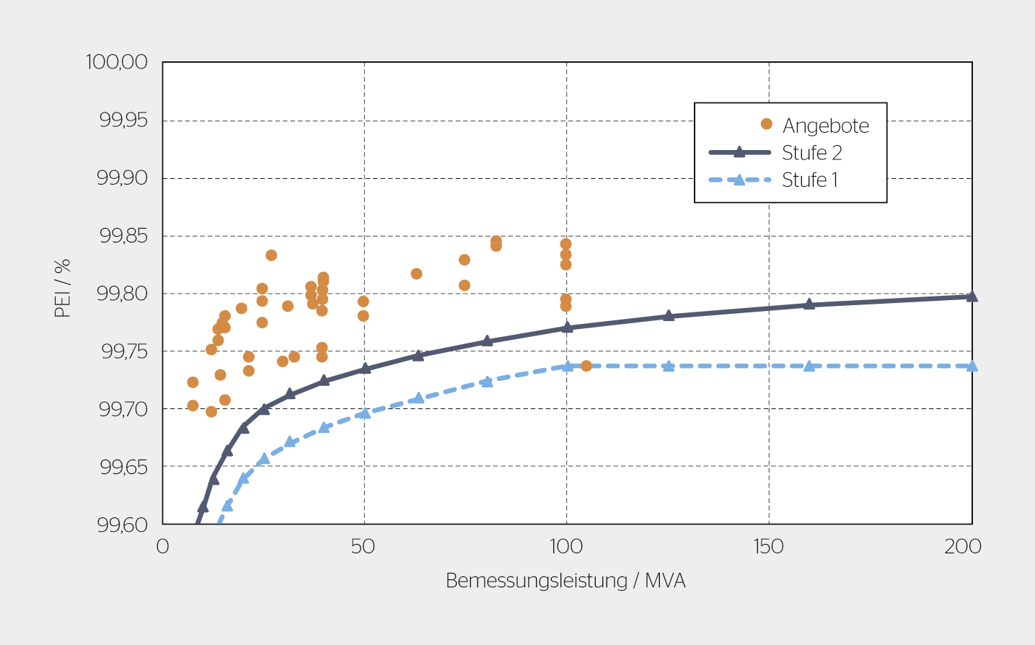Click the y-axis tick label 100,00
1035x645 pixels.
[x=117, y=62]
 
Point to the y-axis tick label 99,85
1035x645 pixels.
[x=123, y=236]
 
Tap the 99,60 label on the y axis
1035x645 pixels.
[x=123, y=525]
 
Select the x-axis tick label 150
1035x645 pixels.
[x=769, y=546]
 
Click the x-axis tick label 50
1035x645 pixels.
[x=364, y=546]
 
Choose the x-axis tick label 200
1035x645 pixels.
[x=963, y=546]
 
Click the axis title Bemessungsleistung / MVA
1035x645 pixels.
[x=565, y=581]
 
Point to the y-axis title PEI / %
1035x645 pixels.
[x=63, y=288]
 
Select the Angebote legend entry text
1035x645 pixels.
[x=826, y=126]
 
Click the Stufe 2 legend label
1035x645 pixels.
[x=812, y=153]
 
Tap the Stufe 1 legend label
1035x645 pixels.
[x=810, y=180]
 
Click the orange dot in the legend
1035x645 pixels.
[x=767, y=124]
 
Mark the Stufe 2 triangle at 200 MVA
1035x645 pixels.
[x=972, y=296]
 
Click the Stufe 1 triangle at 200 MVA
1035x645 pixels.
[x=972, y=366]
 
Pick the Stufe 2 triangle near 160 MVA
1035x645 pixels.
[x=809, y=304]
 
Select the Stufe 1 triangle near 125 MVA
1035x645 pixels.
[x=669, y=366]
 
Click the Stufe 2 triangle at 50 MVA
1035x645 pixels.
[x=365, y=368]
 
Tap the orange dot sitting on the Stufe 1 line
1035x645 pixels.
[x=586, y=366]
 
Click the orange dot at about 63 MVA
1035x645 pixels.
[x=416, y=274]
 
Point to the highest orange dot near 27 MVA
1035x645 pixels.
[x=271, y=255]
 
